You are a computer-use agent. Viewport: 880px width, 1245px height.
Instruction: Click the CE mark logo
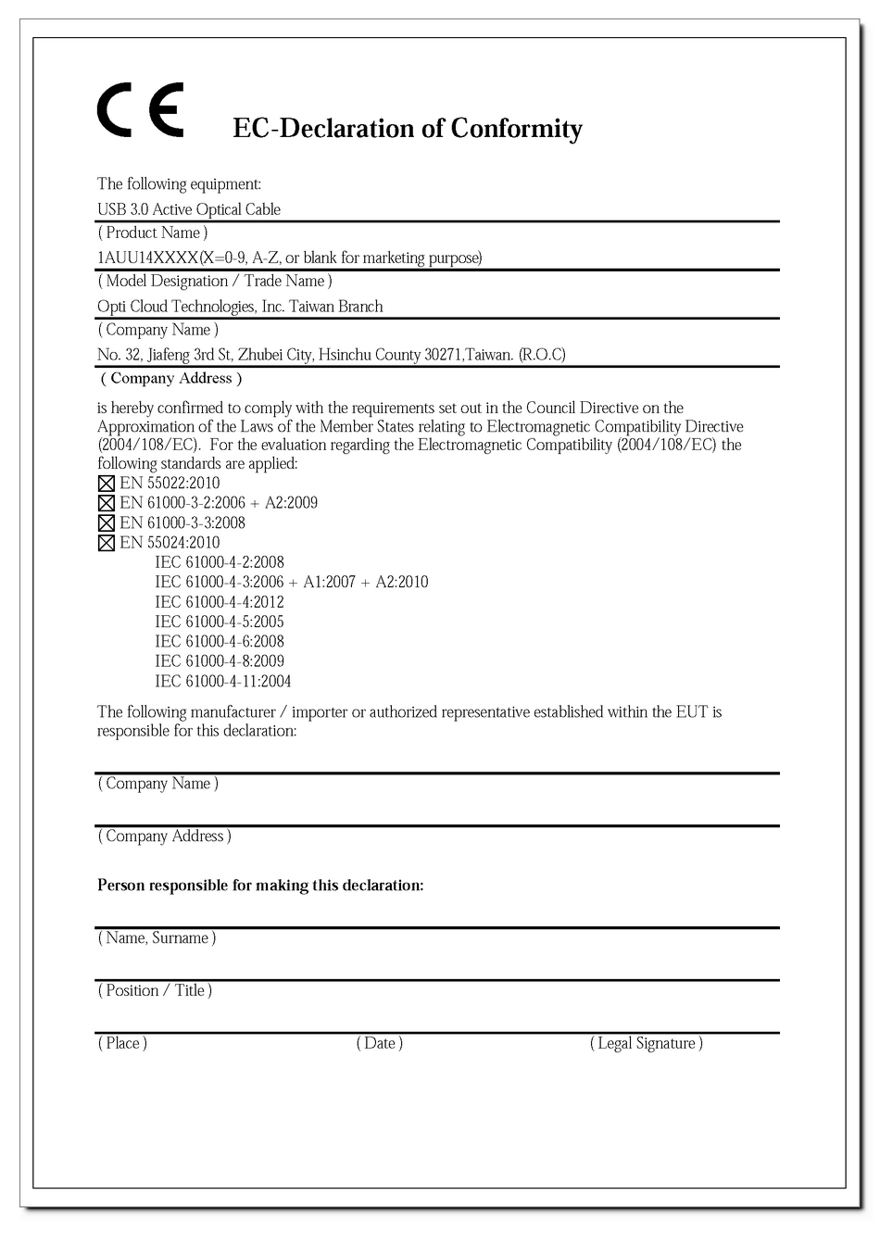pos(141,110)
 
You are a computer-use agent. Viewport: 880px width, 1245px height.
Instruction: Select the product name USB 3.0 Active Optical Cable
pos(189,209)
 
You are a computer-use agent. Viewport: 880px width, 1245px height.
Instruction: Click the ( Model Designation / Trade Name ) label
pos(215,281)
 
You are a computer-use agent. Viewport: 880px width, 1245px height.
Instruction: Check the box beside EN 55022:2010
pos(106,484)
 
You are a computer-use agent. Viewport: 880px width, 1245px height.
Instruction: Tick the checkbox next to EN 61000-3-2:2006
pos(106,503)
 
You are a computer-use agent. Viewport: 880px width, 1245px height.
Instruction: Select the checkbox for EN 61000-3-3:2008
pos(106,523)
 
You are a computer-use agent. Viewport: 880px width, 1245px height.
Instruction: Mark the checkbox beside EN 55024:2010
pos(106,543)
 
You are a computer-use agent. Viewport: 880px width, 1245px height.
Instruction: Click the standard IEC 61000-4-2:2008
pos(220,562)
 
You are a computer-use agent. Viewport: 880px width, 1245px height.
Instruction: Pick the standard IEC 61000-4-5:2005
pos(220,622)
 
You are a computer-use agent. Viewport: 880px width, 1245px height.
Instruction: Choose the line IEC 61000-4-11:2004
pos(223,682)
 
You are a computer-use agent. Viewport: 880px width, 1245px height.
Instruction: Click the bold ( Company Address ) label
pos(171,378)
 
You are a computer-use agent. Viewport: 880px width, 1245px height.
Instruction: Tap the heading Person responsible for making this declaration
pos(260,886)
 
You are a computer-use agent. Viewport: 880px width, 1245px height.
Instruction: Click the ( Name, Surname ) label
pos(157,937)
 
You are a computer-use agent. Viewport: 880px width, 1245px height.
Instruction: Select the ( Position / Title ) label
pos(156,990)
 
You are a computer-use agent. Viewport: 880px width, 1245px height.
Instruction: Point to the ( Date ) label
pos(380,1043)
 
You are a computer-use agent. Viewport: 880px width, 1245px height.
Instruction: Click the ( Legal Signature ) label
pos(647,1043)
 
